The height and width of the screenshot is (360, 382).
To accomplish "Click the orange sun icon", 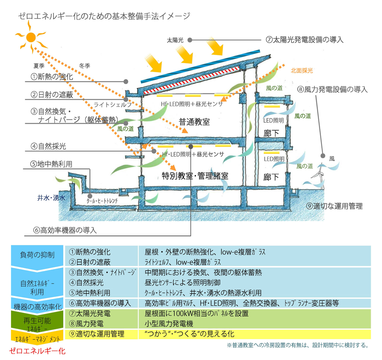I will point(31,37).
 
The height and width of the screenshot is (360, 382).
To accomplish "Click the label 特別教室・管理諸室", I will point(195,176).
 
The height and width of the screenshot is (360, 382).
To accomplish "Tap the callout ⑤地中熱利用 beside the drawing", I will point(52,164).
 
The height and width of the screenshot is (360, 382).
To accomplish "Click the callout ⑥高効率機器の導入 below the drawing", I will point(65,230).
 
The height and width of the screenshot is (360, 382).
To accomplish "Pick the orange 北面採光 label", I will point(302,70).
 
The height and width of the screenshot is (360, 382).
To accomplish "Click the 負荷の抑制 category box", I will point(37,255).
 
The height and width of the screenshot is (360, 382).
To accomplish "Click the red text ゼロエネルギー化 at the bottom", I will point(37,350).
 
